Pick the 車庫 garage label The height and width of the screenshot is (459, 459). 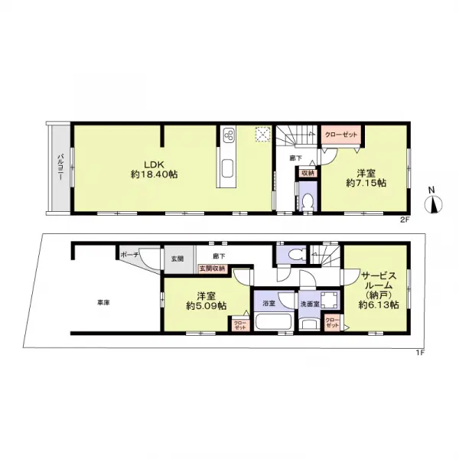tap(103, 304)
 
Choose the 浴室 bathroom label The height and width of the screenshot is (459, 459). tap(268, 304)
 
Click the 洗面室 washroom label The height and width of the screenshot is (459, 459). tap(310, 304)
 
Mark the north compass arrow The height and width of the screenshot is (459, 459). tap(432, 203)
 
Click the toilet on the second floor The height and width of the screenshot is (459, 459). tap(307, 202)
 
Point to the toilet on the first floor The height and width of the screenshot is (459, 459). tap(291, 253)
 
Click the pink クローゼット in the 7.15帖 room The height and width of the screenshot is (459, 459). tap(340, 135)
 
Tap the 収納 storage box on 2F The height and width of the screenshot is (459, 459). tap(308, 174)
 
